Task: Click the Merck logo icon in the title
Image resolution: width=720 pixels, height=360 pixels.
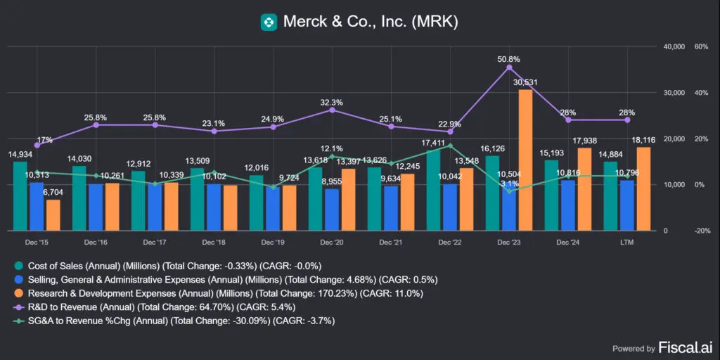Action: click(x=269, y=22)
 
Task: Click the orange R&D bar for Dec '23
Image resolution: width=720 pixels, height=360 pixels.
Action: click(x=525, y=160)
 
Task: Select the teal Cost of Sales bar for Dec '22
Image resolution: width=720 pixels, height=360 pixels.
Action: click(x=433, y=191)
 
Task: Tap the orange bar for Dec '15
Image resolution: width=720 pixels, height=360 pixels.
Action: click(x=53, y=215)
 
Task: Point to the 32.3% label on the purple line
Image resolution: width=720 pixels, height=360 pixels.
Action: click(x=332, y=102)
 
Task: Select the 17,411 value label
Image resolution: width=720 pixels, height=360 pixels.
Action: click(x=434, y=143)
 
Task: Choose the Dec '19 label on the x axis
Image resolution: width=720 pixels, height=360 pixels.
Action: click(x=272, y=242)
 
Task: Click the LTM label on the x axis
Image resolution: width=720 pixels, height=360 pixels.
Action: click(x=626, y=242)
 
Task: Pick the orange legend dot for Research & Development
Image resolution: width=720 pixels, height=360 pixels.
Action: click(x=18, y=293)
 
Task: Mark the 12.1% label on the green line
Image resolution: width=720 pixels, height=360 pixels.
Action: click(x=332, y=148)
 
